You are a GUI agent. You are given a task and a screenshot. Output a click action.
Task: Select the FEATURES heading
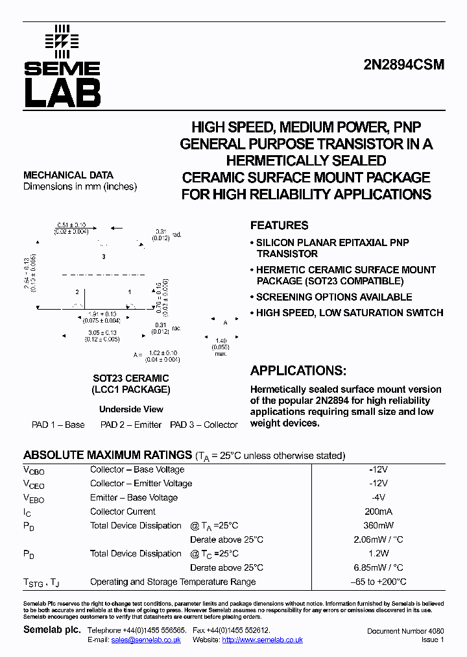(x=279, y=225)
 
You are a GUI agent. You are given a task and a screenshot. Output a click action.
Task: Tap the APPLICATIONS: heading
(x=298, y=371)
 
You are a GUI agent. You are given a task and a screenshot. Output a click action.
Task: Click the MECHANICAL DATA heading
(x=68, y=175)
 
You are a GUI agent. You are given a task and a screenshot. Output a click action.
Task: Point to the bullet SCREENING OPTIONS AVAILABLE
(x=333, y=297)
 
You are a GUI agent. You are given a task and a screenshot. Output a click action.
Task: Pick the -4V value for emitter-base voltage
(x=378, y=497)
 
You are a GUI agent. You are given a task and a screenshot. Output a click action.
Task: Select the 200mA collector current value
(x=378, y=512)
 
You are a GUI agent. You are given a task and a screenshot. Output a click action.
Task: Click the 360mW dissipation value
(x=378, y=525)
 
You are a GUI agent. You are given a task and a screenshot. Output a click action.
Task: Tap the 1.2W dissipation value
(x=378, y=554)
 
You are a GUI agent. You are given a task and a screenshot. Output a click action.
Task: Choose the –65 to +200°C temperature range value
(x=378, y=582)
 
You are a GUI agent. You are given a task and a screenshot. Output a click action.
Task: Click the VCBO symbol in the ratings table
(x=34, y=470)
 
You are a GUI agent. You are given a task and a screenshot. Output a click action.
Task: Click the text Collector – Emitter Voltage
(x=141, y=483)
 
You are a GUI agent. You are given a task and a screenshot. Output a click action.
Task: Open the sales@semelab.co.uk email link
(x=145, y=640)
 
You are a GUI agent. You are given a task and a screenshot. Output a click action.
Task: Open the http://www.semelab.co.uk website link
(x=262, y=640)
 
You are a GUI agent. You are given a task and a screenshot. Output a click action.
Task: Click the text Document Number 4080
(x=405, y=631)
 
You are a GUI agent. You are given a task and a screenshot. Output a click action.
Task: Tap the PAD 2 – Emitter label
(x=130, y=425)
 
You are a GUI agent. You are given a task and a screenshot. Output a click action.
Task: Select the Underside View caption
(x=131, y=409)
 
